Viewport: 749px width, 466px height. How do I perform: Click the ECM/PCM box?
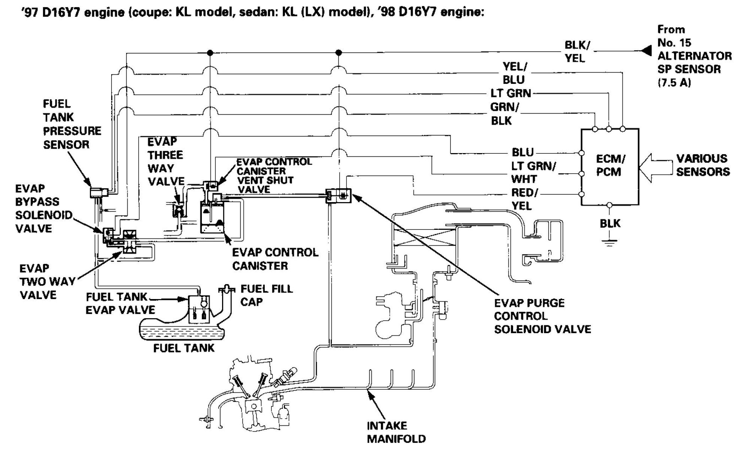pyautogui.click(x=610, y=167)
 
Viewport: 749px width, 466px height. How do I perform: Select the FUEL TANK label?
pyautogui.click(x=184, y=348)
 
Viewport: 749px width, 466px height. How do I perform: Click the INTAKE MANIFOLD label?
pyautogui.click(x=396, y=432)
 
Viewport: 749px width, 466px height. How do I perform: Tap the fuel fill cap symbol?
pyautogui.click(x=226, y=289)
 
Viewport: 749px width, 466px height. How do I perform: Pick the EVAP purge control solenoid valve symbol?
pyautogui.click(x=339, y=196)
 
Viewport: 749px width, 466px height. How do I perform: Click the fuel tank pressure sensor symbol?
pyautogui.click(x=98, y=192)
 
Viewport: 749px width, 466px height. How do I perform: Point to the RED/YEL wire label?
pyautogui.click(x=524, y=199)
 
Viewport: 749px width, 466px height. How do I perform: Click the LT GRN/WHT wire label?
pyautogui.click(x=533, y=172)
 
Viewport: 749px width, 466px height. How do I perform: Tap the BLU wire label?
pyautogui.click(x=523, y=152)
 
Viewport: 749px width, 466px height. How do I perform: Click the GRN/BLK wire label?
pyautogui.click(x=504, y=114)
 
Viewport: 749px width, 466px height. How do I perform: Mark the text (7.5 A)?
pyautogui.click(x=674, y=83)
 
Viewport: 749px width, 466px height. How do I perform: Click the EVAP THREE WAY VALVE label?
pyautogui.click(x=165, y=161)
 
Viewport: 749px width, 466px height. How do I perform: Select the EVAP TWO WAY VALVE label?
pyautogui.click(x=47, y=281)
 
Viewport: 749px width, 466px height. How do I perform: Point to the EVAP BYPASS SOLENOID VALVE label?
pyautogui.click(x=43, y=208)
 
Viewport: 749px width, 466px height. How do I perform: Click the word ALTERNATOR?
pyautogui.click(x=694, y=56)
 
